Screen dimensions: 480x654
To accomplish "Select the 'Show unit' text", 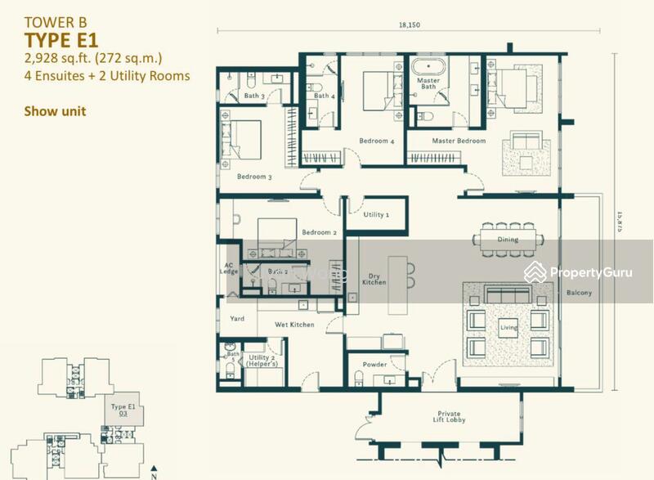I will click(56, 112).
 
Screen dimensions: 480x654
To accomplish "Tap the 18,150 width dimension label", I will click(409, 25).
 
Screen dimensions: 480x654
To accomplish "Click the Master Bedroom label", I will click(459, 141).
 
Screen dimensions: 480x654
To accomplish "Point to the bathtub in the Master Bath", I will click(428, 67).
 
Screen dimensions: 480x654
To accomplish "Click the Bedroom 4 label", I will click(377, 141).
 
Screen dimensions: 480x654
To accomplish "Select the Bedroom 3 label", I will click(254, 177).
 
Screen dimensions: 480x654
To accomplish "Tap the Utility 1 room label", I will click(376, 214).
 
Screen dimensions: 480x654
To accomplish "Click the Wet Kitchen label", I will click(294, 325).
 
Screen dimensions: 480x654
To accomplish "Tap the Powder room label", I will click(376, 365).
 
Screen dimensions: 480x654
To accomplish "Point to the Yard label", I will click(237, 319).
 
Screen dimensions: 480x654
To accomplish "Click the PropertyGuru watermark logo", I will click(577, 271).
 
